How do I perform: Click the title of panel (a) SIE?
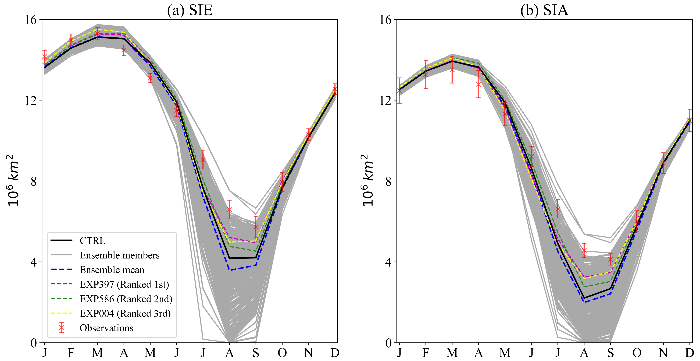pyautogui.click(x=190, y=10)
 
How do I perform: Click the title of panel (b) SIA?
pyautogui.click(x=544, y=10)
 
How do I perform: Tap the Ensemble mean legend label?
pyautogui.click(x=112, y=270)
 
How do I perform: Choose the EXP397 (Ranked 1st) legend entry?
pyautogui.click(x=124, y=285)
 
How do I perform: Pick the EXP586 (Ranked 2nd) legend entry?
pyautogui.click(x=126, y=299)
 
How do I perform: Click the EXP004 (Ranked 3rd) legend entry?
pyautogui.click(x=125, y=314)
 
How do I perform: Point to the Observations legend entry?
pyautogui.click(x=106, y=328)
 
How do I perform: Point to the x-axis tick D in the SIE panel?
pyautogui.click(x=335, y=353)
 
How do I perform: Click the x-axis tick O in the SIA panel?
pyautogui.click(x=637, y=353)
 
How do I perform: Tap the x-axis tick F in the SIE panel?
pyautogui.click(x=71, y=353)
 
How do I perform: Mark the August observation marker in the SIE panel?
pyautogui.click(x=229, y=209)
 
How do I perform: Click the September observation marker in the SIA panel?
pyautogui.click(x=610, y=259)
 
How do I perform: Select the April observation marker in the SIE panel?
pyautogui.click(x=124, y=50)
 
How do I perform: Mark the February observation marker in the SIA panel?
pyautogui.click(x=426, y=75)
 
